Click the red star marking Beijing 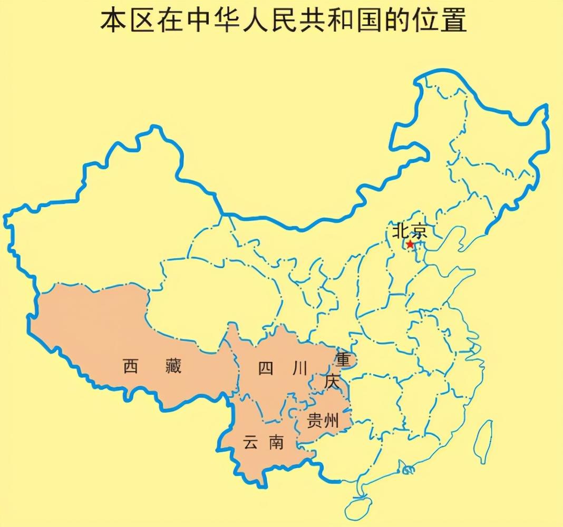pos(410,245)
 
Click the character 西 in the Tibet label pos(130,366)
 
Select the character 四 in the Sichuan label pos(266,369)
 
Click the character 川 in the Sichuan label pos(298,369)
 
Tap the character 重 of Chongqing pos(343,360)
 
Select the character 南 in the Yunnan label pos(275,443)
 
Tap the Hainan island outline pos(361,506)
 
